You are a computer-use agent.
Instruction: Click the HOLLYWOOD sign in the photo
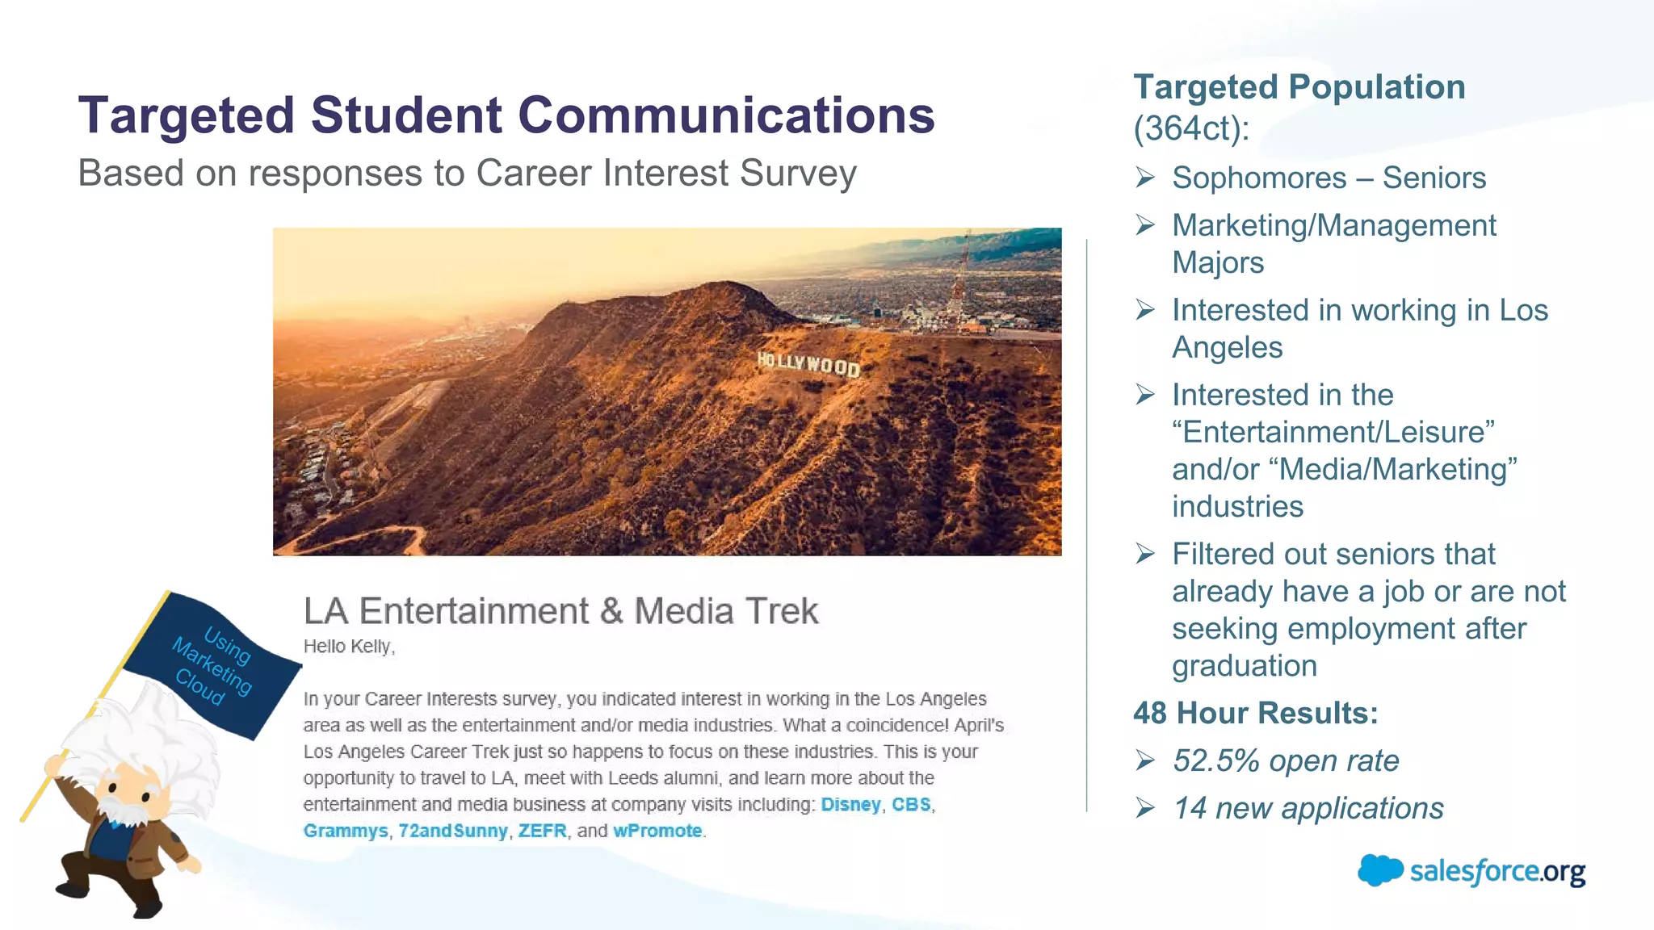click(x=808, y=363)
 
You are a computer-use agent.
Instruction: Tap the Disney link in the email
click(x=850, y=805)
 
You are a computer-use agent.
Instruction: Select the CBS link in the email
click(x=911, y=805)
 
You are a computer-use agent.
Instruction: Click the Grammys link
click(x=346, y=832)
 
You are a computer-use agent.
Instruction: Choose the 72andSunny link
click(x=453, y=832)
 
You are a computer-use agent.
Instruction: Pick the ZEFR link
click(x=542, y=832)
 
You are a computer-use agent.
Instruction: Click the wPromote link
click(x=657, y=832)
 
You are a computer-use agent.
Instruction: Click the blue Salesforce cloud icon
click(x=1380, y=870)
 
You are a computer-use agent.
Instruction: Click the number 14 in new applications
click(x=1190, y=809)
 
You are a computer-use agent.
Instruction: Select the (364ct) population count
click(x=1190, y=128)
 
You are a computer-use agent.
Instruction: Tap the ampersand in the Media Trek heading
click(x=611, y=611)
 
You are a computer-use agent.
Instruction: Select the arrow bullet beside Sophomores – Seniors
click(x=1145, y=178)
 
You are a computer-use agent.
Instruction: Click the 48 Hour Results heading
click(x=1255, y=714)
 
